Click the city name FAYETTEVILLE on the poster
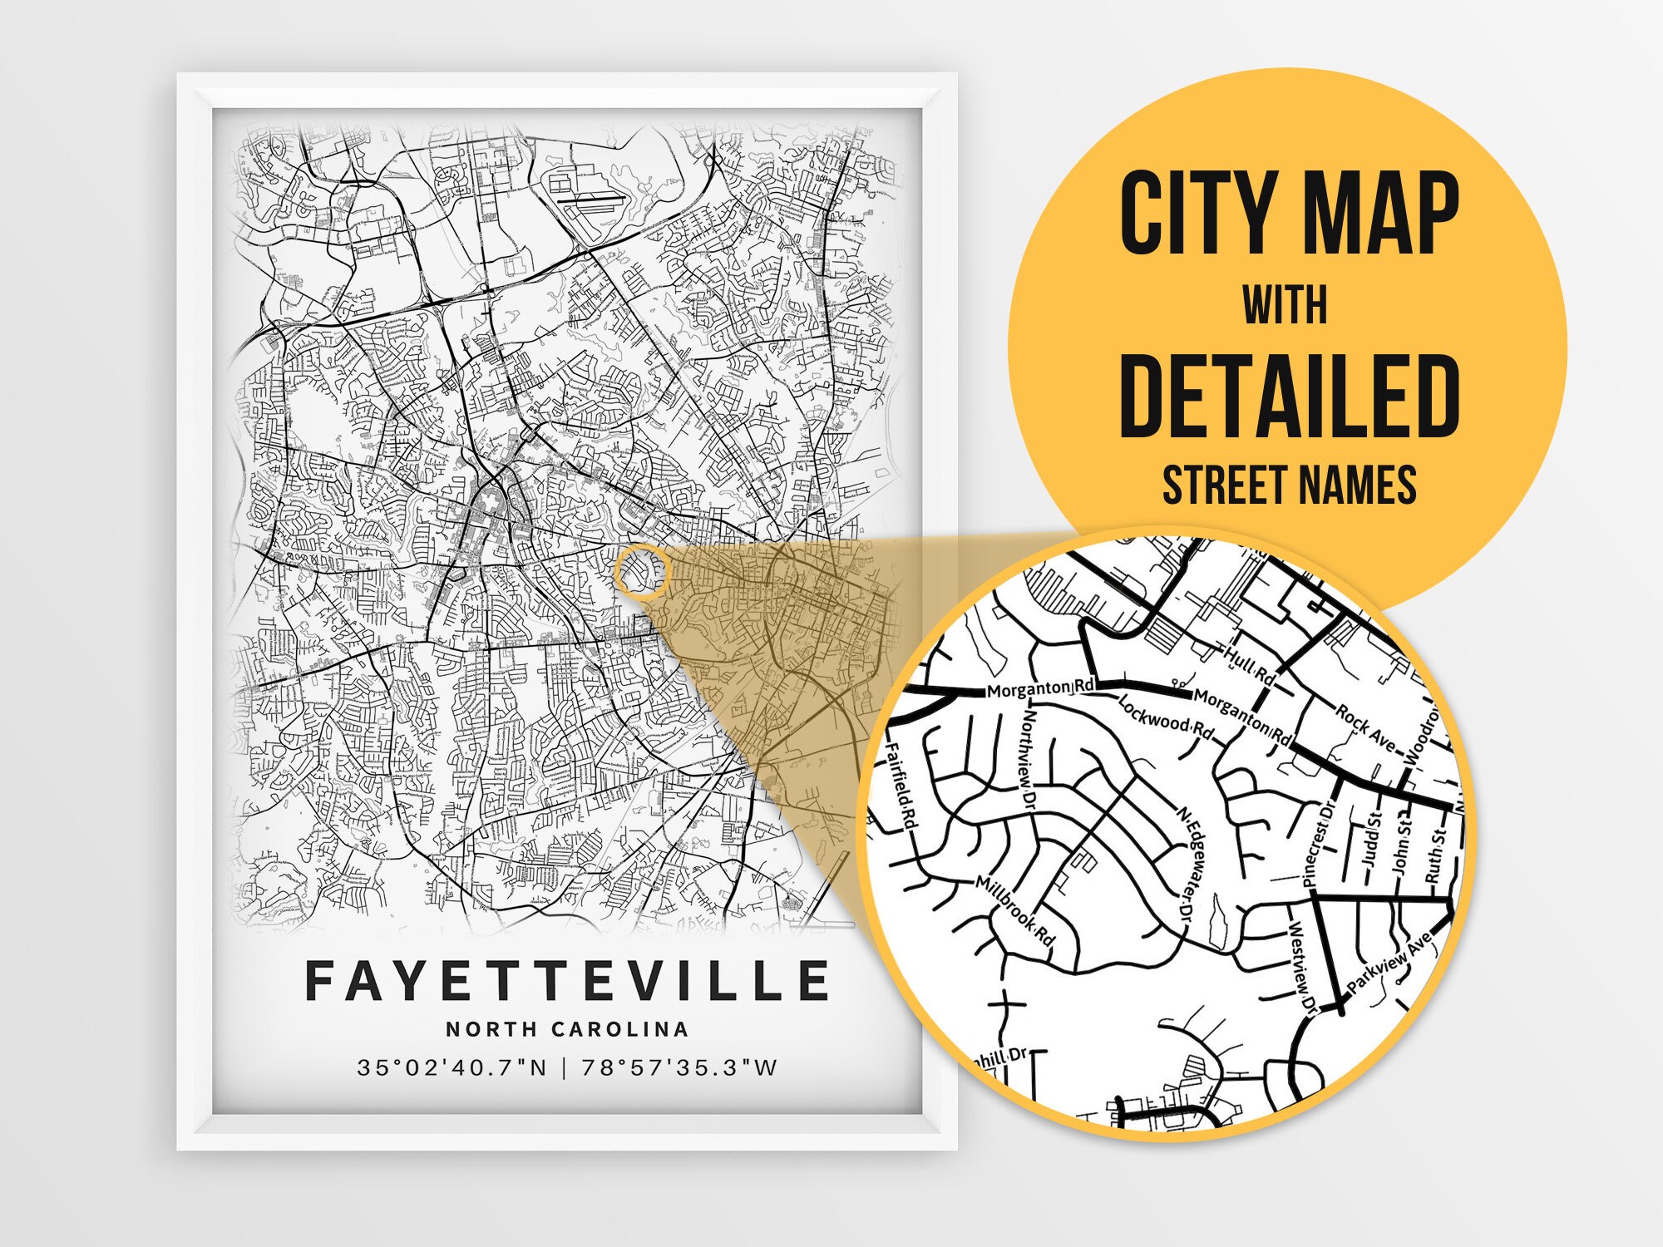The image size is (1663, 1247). pos(567,981)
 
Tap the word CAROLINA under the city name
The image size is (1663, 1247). pos(620,1029)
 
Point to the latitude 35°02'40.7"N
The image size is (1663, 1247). pos(452,1067)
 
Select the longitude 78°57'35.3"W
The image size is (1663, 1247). pos(679,1067)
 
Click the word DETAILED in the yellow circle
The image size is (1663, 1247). pos(1289,397)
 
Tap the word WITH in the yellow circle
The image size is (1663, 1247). pos(1285,306)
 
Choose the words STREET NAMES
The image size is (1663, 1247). pos(1289,485)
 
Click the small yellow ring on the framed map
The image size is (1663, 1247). pos(642,572)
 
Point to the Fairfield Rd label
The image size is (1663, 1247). pos(901,786)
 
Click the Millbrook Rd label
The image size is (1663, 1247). pos(1014,912)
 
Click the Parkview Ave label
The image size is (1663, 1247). pos(1389,963)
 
